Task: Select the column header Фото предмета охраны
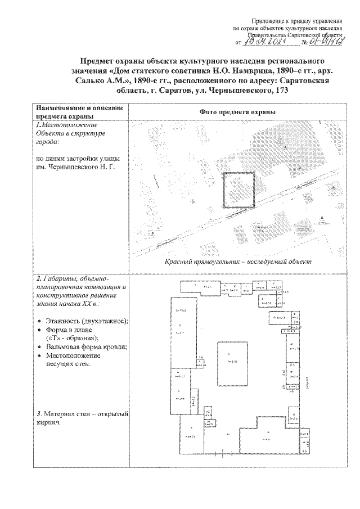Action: [237, 112]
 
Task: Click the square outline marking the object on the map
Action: [239, 191]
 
